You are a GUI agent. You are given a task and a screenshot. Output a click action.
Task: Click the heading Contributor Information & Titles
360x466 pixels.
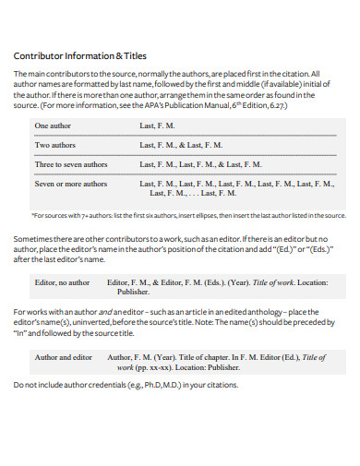[x=79, y=54]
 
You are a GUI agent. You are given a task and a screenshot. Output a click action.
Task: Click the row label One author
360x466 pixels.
[x=54, y=125]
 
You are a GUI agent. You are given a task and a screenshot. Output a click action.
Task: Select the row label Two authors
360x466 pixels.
[x=55, y=145]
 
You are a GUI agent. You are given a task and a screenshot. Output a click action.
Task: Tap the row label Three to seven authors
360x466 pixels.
[x=73, y=164]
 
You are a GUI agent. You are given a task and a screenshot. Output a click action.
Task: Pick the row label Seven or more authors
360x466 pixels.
[x=71, y=184]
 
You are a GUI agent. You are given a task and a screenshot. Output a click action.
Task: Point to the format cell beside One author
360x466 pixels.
[x=157, y=125]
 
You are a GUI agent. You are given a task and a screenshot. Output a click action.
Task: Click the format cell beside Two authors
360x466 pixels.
[x=181, y=145]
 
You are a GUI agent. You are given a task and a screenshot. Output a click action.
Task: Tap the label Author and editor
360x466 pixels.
[x=64, y=356]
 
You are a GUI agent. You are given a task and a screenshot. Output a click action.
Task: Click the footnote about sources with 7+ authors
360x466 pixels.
[x=188, y=215]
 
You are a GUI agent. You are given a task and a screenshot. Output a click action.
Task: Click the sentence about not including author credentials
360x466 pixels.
[x=125, y=385]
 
